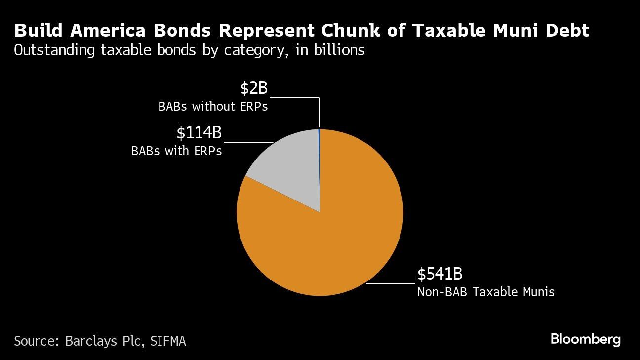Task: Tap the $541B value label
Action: click(440, 274)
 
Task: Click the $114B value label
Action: click(199, 133)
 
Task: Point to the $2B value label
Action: click(254, 88)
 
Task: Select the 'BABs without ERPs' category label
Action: click(213, 106)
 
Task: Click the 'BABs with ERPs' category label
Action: click(176, 151)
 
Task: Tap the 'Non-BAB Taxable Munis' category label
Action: click(485, 292)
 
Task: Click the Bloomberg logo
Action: click(585, 339)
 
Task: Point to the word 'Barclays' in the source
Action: click(94, 341)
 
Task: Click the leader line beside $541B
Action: click(390, 283)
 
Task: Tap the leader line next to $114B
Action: click(248, 142)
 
